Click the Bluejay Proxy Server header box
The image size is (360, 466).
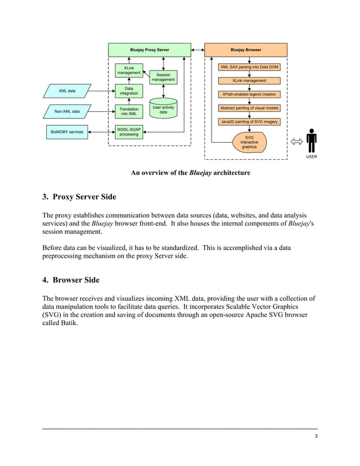pyautogui.click(x=149, y=50)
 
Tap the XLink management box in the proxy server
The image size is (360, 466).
pyautogui.click(x=129, y=71)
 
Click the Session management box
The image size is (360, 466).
pyautogui.click(x=163, y=77)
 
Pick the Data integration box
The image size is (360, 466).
pyautogui.click(x=129, y=90)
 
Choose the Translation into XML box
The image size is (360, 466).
pyautogui.click(x=129, y=111)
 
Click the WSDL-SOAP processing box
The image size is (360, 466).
pyautogui.click(x=129, y=131)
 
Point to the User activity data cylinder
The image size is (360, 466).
pyautogui.click(x=163, y=110)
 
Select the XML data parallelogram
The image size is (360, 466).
pyautogui.click(x=67, y=90)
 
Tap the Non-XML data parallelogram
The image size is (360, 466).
pyautogui.click(x=67, y=112)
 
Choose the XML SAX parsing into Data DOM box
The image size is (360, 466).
pyautogui.click(x=249, y=67)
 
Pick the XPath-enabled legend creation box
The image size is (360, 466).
pyautogui.click(x=249, y=94)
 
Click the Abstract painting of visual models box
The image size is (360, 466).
pyautogui.click(x=249, y=108)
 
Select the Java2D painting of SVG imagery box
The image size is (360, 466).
pyautogui.click(x=249, y=121)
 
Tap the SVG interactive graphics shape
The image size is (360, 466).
pyautogui.click(x=249, y=142)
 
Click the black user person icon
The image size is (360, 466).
pyautogui.click(x=311, y=140)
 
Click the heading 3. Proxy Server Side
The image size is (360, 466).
pyautogui.click(x=80, y=197)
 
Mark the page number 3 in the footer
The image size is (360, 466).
pyautogui.click(x=316, y=436)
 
